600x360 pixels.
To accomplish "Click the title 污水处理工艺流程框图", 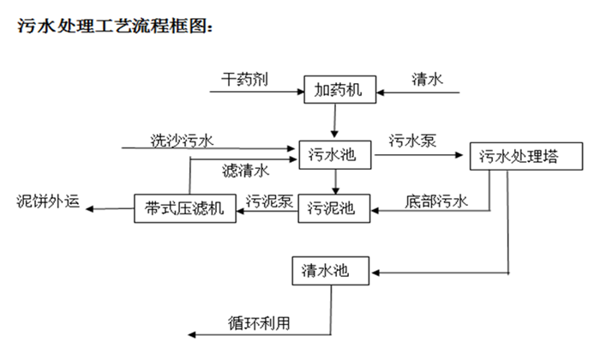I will [113, 27].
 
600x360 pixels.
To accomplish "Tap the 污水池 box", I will [333, 154].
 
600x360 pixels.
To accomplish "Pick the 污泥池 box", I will [333, 207].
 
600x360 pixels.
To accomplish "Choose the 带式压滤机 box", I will [185, 208].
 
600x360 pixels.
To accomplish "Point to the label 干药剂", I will [246, 80].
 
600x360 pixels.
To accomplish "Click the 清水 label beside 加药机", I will [426, 80].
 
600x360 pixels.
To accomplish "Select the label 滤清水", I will [245, 169].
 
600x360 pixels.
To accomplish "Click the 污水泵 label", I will [412, 141].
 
